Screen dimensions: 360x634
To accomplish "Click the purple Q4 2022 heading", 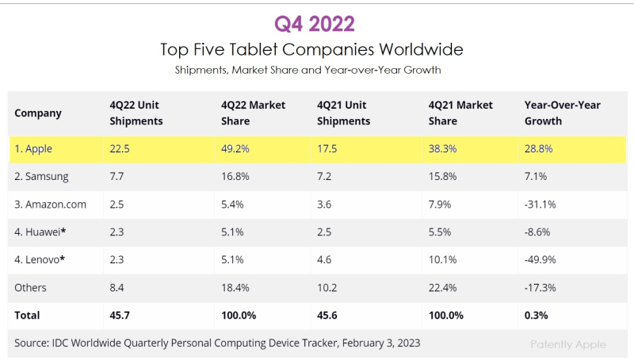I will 315,23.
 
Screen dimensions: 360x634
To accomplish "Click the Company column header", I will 38,113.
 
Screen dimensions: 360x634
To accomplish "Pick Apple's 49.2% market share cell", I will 235,148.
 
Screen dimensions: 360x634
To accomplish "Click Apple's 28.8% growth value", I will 538,148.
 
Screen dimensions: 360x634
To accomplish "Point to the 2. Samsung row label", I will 41,176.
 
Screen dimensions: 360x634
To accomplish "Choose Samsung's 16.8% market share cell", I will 235,176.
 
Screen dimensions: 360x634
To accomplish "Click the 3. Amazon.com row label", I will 50,204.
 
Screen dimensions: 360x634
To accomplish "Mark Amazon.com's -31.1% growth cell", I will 540,204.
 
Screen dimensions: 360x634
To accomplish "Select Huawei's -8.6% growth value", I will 538,232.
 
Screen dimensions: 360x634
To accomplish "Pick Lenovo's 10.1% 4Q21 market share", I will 441,259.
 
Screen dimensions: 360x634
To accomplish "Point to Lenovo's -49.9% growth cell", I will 540,259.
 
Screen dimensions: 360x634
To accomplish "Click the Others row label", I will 30,287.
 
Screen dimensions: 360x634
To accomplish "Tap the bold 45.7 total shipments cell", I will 121,315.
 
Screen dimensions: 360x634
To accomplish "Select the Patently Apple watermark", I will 568,344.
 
